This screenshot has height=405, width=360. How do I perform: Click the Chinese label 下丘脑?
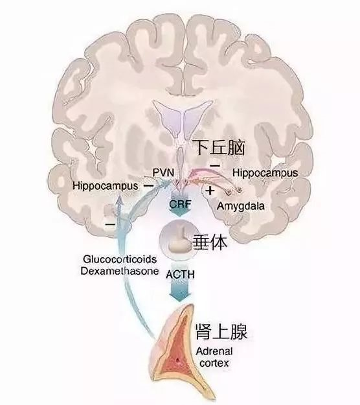pyautogui.click(x=219, y=148)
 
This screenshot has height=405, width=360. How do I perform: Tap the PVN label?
pyautogui.click(x=163, y=172)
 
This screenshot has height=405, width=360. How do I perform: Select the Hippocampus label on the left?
pyautogui.click(x=106, y=186)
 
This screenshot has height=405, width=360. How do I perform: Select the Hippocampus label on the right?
pyautogui.click(x=265, y=173)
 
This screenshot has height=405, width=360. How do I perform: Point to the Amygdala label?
pyautogui.click(x=241, y=206)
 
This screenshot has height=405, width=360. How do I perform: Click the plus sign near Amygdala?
pyautogui.click(x=210, y=191)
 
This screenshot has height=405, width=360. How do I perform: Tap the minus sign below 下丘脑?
pyautogui.click(x=215, y=165)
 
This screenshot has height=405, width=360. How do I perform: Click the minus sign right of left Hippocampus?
pyautogui.click(x=148, y=185)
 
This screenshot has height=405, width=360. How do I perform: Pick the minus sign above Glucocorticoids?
pyautogui.click(x=110, y=224)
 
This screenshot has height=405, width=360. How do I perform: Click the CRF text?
pyautogui.click(x=180, y=205)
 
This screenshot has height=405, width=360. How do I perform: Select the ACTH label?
pyautogui.click(x=180, y=275)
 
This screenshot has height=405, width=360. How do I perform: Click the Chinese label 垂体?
pyautogui.click(x=210, y=242)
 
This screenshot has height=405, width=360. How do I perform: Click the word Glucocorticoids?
pyautogui.click(x=120, y=259)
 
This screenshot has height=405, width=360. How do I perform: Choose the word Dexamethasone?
pyautogui.click(x=120, y=272)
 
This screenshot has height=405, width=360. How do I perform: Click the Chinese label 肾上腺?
pyautogui.click(x=221, y=331)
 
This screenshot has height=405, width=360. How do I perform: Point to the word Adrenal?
pyautogui.click(x=214, y=351)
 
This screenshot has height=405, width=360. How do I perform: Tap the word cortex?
pyautogui.click(x=214, y=364)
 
